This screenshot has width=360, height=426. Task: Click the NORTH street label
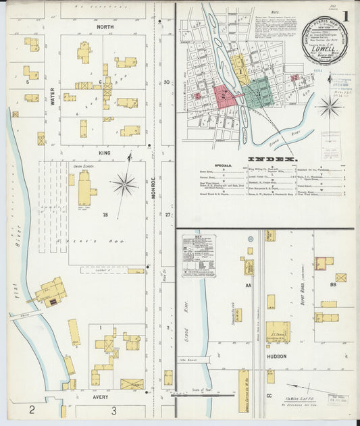(105, 27)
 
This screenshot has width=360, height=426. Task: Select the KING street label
(105, 153)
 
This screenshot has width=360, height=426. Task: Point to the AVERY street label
(105, 398)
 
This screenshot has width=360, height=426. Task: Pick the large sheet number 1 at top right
(345, 16)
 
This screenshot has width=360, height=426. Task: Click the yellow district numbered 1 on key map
(239, 69)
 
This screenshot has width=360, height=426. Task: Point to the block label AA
(248, 286)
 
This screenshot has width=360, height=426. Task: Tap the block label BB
(333, 286)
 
